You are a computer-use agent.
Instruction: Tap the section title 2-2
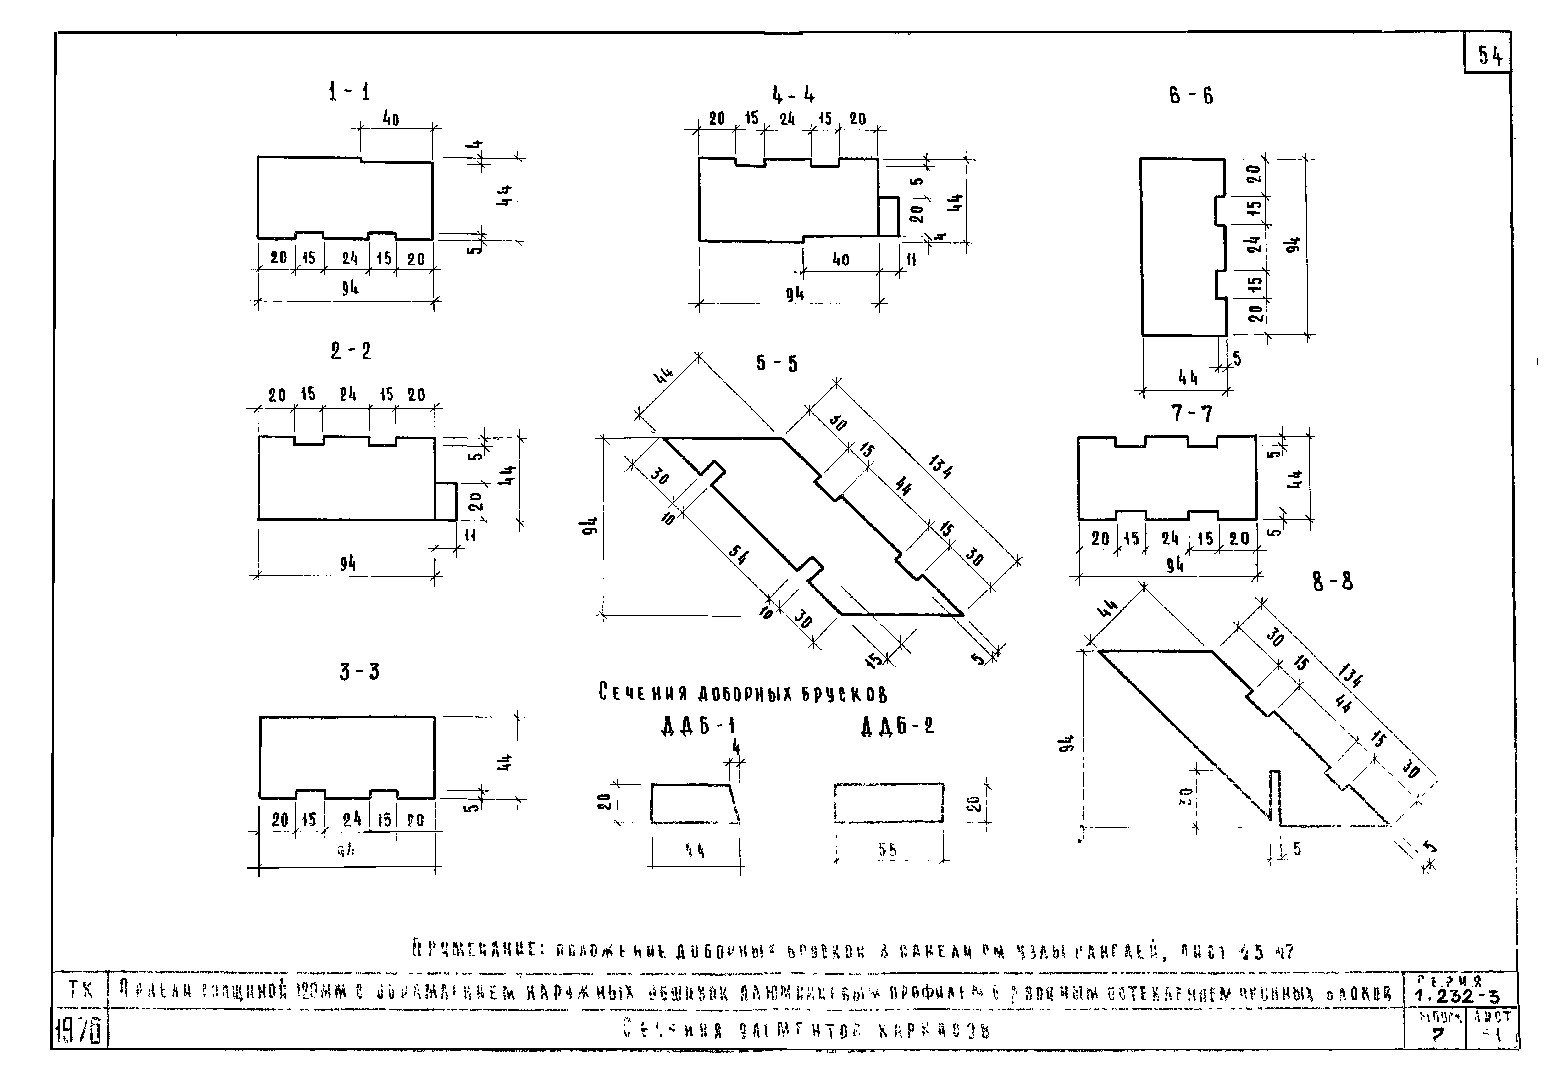(x=351, y=351)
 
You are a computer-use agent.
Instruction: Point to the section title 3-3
(x=359, y=671)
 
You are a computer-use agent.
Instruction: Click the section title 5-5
(x=777, y=364)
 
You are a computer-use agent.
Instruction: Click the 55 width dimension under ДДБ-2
(x=888, y=850)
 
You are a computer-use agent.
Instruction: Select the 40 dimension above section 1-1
(x=391, y=119)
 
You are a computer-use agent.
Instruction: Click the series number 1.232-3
(x=1456, y=996)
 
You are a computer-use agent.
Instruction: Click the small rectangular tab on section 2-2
(x=446, y=501)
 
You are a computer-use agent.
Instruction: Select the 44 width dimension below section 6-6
(x=1187, y=377)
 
